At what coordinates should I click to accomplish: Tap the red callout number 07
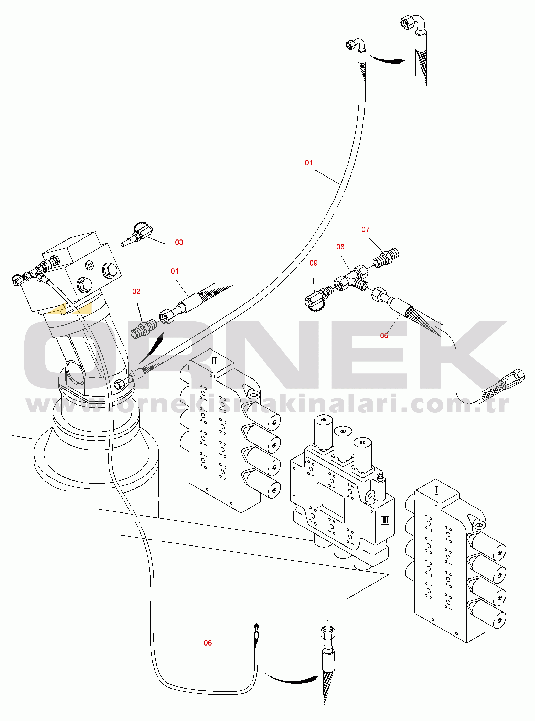pyautogui.click(x=365, y=230)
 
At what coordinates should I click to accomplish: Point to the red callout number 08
pyautogui.click(x=340, y=247)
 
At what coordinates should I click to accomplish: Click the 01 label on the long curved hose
pyautogui.click(x=309, y=163)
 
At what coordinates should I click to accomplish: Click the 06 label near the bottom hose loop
pyautogui.click(x=208, y=643)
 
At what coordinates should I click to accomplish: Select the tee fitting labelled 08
pyautogui.click(x=352, y=279)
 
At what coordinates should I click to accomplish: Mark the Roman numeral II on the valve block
pyautogui.click(x=214, y=361)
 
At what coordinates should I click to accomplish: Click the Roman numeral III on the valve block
pyautogui.click(x=385, y=520)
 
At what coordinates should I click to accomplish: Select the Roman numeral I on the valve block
pyautogui.click(x=436, y=490)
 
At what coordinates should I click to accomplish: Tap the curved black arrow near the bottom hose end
pyautogui.click(x=292, y=679)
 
